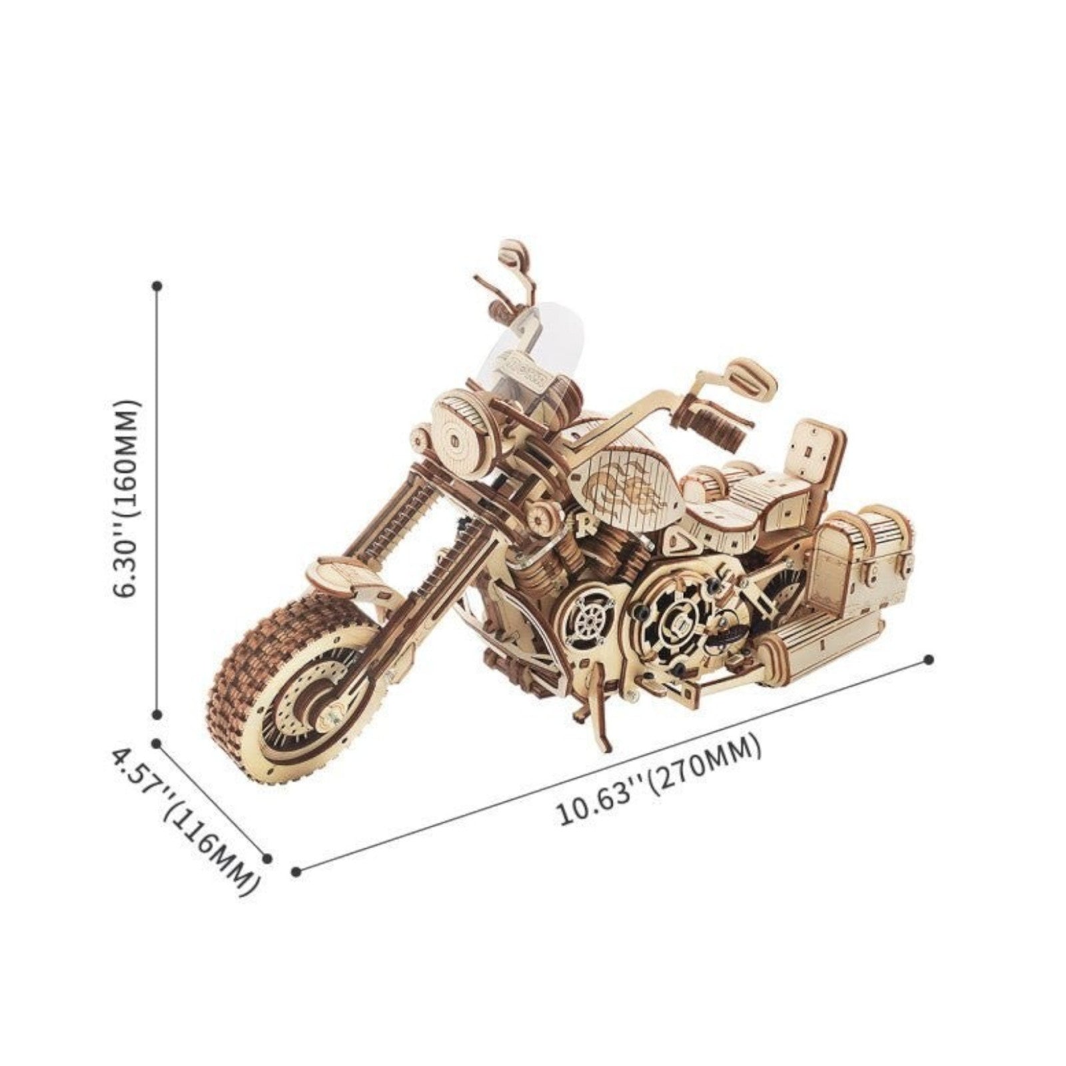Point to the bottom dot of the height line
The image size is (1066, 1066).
coord(157,714)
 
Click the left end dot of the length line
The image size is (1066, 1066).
coord(296,870)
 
